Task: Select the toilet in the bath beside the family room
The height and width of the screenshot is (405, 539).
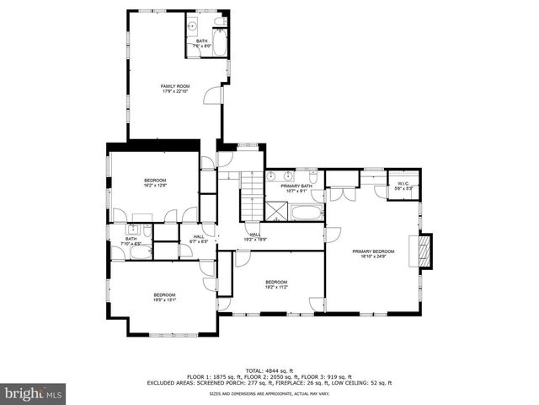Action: pos(220,22)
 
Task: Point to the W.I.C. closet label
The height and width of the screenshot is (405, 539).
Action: pos(403,184)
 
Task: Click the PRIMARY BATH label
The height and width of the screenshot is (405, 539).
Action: pos(291,185)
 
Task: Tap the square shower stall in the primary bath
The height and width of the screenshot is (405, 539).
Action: pos(278,210)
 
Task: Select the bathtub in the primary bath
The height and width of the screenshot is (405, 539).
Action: pos(307,211)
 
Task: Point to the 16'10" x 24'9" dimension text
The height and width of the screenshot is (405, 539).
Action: pos(372,256)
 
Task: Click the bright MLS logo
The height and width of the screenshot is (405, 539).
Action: pos(34,393)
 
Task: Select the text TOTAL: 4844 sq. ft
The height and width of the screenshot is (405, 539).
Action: pos(269,370)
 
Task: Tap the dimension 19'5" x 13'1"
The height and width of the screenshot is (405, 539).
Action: pos(164,300)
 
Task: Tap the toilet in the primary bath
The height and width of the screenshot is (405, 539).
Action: pos(312,178)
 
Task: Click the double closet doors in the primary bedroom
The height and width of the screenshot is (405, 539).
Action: pos(339,194)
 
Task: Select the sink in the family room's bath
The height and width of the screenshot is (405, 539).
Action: pos(192,25)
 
